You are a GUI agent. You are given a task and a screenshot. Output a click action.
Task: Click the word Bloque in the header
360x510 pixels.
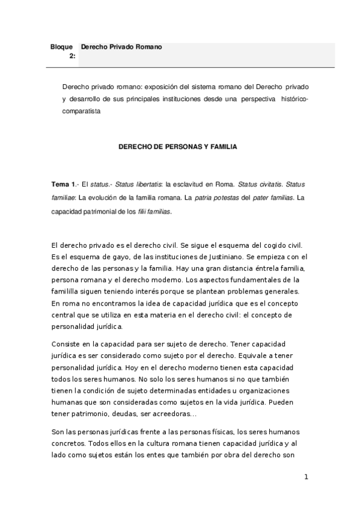(63, 46)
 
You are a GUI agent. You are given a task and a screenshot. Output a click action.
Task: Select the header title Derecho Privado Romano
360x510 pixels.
(121, 46)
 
